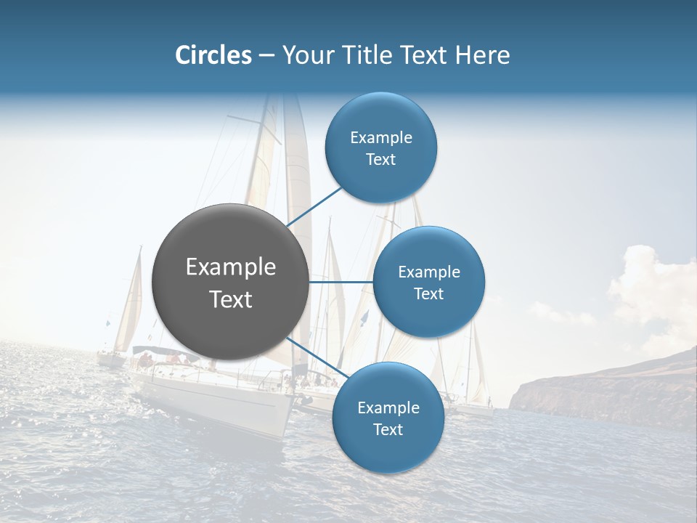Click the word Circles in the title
tap(213, 54)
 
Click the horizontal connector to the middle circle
tap(341, 282)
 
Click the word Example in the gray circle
tap(231, 267)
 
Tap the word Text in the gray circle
tap(231, 299)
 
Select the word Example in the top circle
tap(381, 137)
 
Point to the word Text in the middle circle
tap(428, 293)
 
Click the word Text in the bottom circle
tap(388, 429)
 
